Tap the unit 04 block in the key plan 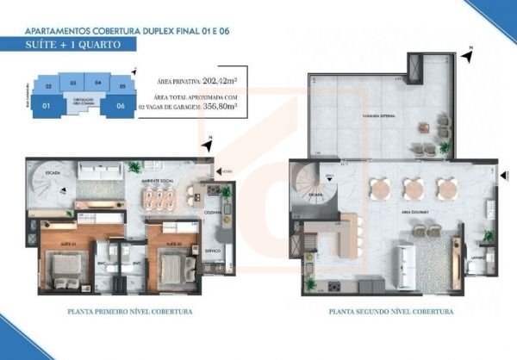(97, 83)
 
